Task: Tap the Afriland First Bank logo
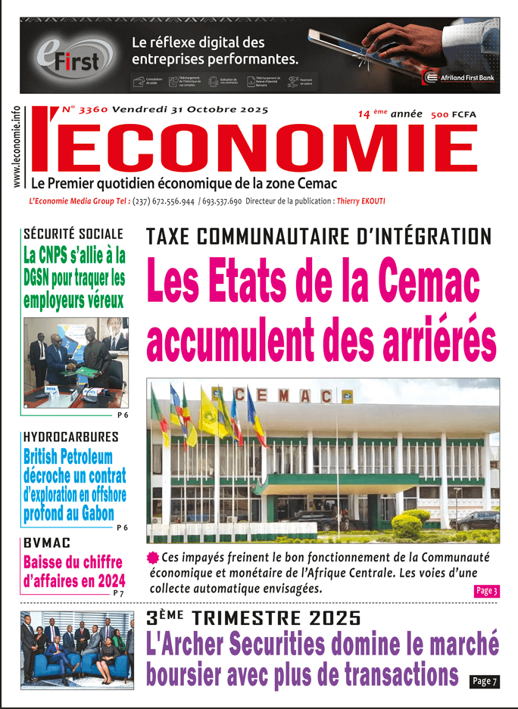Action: (x=459, y=76)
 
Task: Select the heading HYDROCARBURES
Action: (x=70, y=437)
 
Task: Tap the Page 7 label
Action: (x=484, y=682)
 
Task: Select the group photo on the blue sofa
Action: (x=76, y=650)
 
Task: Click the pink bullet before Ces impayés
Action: (x=152, y=558)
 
